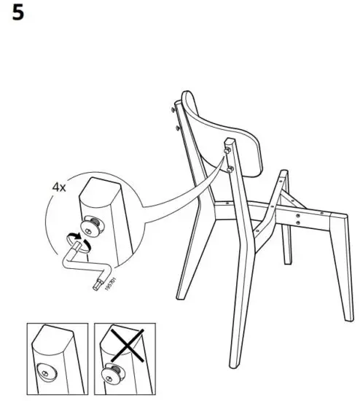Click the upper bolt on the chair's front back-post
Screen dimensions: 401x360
(x=227, y=150)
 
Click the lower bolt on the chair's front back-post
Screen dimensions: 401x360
(x=230, y=169)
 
